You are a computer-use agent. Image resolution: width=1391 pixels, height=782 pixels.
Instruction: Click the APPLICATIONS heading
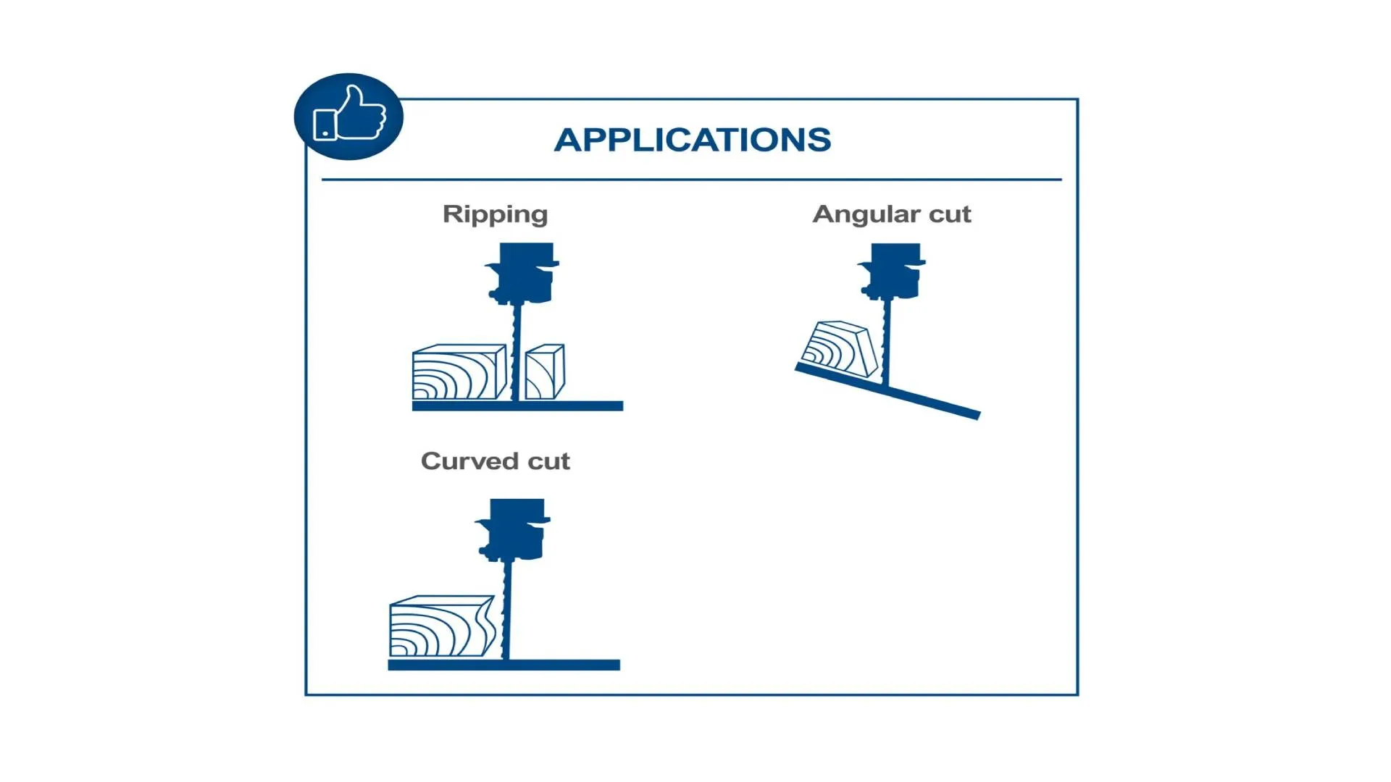click(692, 140)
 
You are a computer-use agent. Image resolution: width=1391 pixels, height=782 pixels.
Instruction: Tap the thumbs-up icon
click(349, 116)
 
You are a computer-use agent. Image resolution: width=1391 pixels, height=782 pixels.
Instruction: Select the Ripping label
click(495, 214)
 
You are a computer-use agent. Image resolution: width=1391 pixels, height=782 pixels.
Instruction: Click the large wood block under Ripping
click(458, 373)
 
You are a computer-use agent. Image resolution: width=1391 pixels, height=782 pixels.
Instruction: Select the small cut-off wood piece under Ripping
click(545, 372)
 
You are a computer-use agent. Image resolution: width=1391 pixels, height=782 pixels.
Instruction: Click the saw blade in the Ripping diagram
click(516, 351)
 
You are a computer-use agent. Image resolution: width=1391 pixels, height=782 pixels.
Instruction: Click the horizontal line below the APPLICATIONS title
click(691, 179)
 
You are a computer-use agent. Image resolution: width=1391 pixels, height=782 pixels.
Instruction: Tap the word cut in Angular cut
click(950, 214)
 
